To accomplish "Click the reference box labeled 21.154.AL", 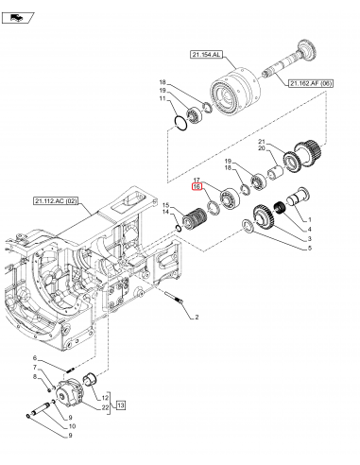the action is [206, 55].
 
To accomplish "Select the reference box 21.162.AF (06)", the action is [310, 83].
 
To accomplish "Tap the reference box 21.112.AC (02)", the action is [56, 201].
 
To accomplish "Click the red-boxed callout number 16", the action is [197, 187].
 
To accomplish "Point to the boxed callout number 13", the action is [121, 405].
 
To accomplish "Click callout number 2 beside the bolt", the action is [197, 317].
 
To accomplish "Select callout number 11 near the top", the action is [163, 98].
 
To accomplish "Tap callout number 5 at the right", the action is [310, 249].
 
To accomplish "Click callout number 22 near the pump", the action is [105, 407].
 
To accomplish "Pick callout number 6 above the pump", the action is [35, 358].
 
